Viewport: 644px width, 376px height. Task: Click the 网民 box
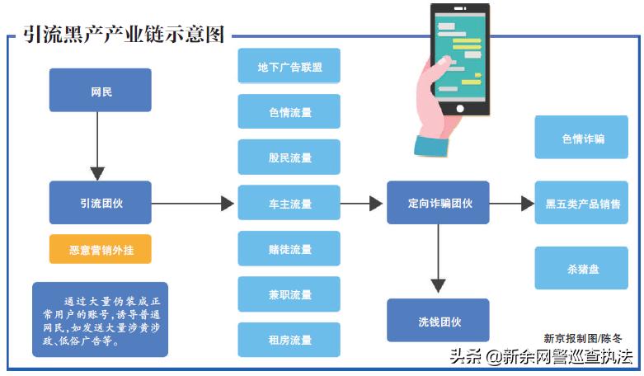point(100,90)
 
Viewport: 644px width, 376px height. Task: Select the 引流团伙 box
point(100,202)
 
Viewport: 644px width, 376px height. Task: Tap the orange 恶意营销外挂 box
point(100,248)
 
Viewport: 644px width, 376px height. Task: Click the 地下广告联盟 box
point(289,66)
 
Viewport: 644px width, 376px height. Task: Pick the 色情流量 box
point(289,111)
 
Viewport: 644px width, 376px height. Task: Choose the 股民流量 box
point(289,157)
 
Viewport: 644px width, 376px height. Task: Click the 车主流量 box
point(289,203)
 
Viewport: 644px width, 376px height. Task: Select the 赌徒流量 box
point(289,248)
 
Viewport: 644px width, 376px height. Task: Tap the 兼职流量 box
point(289,294)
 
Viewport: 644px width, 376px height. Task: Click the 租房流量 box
point(289,340)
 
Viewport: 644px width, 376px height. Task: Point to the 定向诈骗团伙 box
point(438,202)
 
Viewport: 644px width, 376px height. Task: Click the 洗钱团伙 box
point(438,320)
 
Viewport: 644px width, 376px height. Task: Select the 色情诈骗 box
point(582,138)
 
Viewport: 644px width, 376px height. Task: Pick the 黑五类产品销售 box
point(582,203)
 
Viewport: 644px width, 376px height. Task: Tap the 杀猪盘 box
point(582,268)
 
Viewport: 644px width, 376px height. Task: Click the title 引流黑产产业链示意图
point(124,35)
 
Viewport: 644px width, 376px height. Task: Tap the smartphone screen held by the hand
point(459,59)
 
